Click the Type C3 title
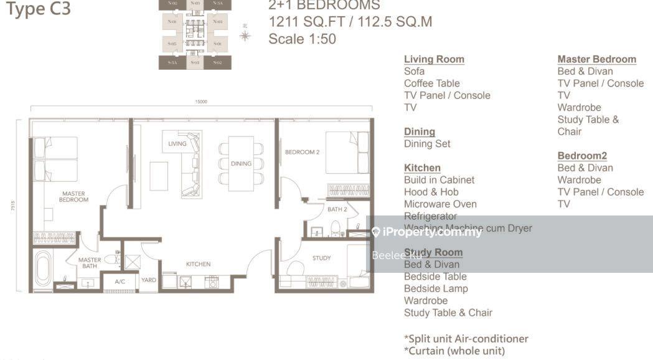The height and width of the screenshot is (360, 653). (38, 10)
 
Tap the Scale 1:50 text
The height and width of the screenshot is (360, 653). (302, 39)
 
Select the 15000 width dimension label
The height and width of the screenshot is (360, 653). (200, 102)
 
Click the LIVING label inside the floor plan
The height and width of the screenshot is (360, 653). (177, 144)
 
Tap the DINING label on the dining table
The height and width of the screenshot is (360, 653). (241, 164)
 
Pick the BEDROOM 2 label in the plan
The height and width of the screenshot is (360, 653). (302, 152)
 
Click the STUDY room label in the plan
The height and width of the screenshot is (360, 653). (321, 258)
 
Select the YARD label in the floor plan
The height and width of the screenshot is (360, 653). (149, 280)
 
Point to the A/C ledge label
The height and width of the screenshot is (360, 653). (121, 282)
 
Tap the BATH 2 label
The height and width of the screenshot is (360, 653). (336, 209)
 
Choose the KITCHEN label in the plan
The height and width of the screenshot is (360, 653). (198, 264)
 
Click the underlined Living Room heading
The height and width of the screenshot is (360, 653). (434, 59)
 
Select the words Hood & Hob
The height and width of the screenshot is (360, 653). (431, 192)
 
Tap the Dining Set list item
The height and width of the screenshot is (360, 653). (427, 144)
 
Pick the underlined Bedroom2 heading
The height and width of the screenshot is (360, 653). (581, 156)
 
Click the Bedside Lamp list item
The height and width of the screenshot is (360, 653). (436, 288)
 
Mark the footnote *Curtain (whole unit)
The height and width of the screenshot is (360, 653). (454, 351)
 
